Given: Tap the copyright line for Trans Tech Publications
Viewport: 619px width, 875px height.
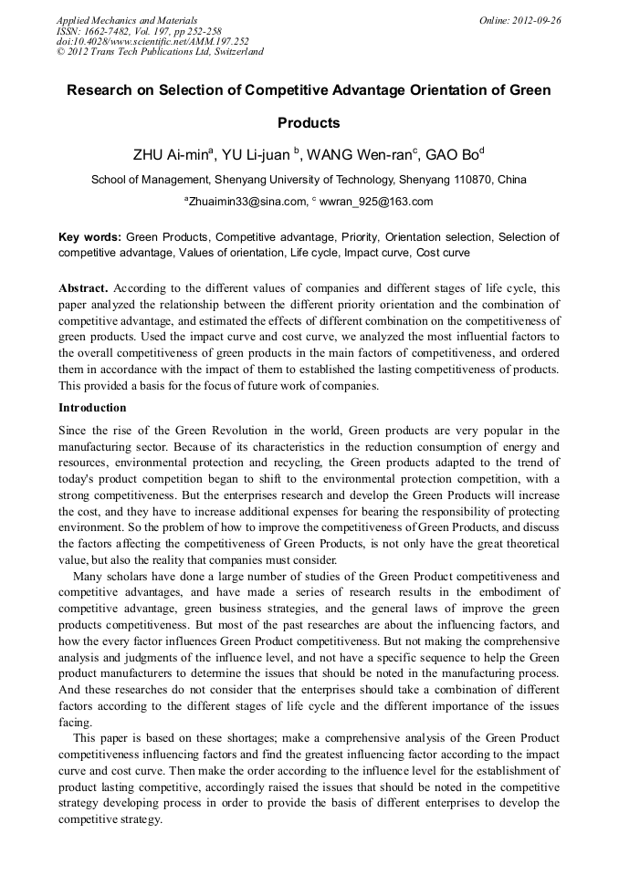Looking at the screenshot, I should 160,52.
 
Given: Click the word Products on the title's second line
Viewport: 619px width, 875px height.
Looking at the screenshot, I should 309,122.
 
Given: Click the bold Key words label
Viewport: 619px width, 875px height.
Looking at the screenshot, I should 89,237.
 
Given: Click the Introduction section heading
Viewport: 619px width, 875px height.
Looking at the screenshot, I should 92,407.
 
